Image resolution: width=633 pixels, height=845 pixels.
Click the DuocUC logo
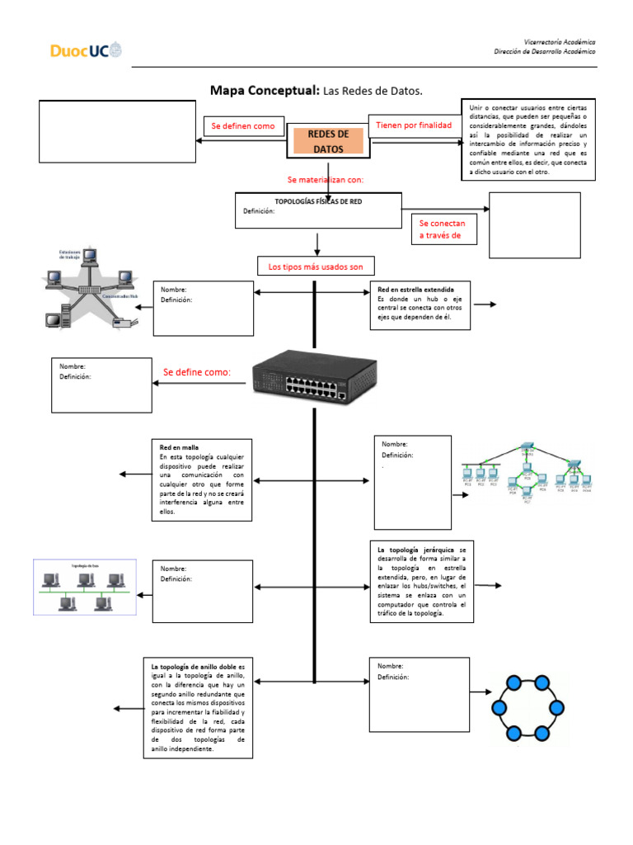86,51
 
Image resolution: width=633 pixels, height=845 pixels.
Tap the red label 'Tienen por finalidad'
413,125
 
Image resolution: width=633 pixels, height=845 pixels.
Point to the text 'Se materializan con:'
325,179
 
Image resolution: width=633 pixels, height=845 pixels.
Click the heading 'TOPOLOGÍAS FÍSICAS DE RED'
317,201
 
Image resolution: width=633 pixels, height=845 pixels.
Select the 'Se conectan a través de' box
442,229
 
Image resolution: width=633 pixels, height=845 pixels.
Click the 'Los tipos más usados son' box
315,267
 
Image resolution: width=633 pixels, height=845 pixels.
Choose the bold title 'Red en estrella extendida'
415,290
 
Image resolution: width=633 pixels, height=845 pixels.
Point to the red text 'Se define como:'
197,372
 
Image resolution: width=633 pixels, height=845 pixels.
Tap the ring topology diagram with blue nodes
527,707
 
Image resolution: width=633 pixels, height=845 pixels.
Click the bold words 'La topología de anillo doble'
193,665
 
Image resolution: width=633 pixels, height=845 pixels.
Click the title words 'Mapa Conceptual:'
265,90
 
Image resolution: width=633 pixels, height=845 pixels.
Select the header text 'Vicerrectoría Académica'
560,41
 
